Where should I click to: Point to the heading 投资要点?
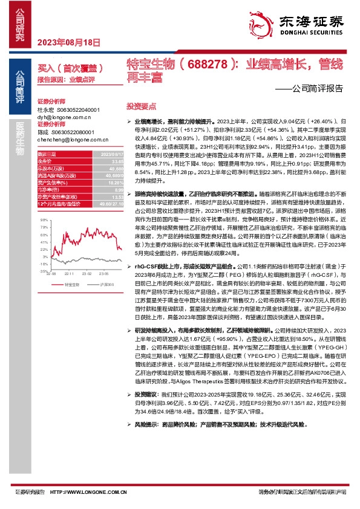coord(138,105)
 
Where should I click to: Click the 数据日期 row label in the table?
coord(48,155)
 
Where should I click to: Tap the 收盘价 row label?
coord(45,161)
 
